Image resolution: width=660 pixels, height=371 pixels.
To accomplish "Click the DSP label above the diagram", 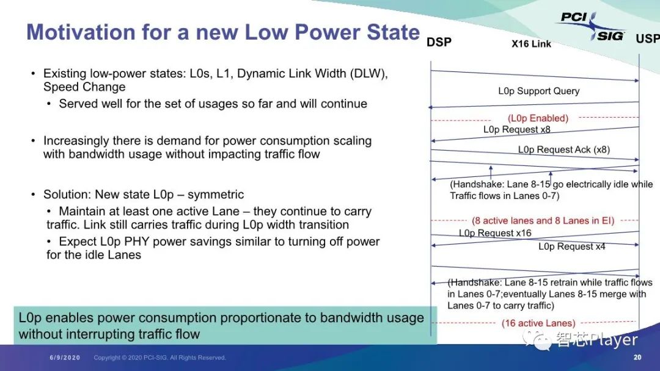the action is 439,42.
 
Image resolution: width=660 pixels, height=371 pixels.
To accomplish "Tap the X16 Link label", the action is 531,44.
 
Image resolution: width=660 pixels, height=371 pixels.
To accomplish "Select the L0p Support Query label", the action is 539,91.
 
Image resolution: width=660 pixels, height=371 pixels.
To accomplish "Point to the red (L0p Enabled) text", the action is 538,118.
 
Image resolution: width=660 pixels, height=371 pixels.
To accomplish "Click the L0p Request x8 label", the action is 517,129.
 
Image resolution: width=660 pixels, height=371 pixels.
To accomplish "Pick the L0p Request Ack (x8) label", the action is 564,149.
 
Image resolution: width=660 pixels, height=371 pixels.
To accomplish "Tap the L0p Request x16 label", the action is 495,232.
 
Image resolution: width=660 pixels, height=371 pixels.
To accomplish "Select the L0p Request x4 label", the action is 571,246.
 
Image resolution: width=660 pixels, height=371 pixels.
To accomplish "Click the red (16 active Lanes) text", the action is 538,323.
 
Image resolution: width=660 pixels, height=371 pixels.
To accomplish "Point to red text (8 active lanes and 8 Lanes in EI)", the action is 543,220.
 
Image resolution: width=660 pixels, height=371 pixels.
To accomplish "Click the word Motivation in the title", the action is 81,32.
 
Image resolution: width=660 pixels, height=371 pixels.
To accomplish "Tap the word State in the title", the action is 393,32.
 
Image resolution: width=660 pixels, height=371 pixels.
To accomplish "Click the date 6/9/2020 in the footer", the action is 65,358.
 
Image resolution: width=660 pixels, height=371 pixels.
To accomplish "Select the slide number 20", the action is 637,357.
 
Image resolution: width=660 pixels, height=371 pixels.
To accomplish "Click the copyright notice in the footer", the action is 159,358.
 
